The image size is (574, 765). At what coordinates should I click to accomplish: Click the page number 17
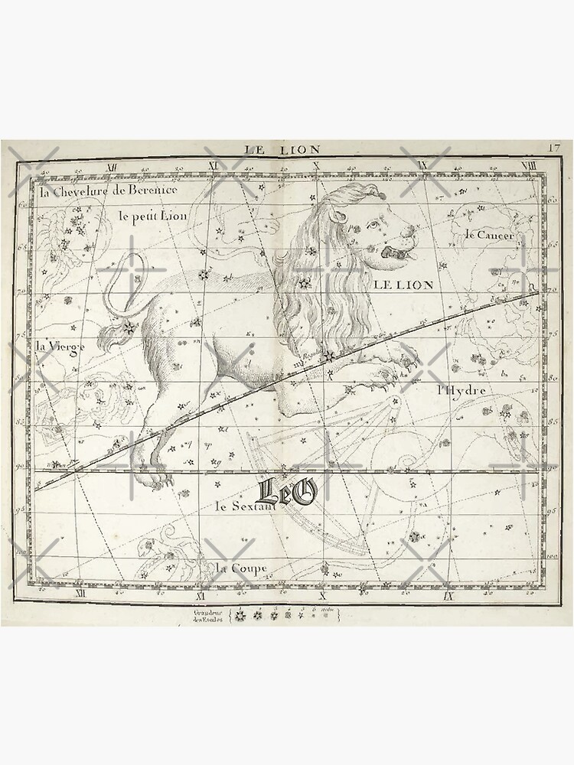point(555,147)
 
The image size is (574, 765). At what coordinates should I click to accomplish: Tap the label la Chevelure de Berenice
point(108,190)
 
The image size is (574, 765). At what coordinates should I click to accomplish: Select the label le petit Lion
point(153,216)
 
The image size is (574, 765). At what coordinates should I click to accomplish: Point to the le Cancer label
point(490,234)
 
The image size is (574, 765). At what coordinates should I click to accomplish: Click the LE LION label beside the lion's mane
point(403,285)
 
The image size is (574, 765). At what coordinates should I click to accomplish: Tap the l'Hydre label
point(461,389)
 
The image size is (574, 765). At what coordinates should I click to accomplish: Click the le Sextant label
point(244,506)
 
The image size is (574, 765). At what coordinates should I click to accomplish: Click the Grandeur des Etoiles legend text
point(209,614)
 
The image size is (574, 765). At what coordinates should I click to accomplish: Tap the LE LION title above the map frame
point(282,149)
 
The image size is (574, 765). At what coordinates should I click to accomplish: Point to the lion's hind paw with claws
point(160,480)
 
